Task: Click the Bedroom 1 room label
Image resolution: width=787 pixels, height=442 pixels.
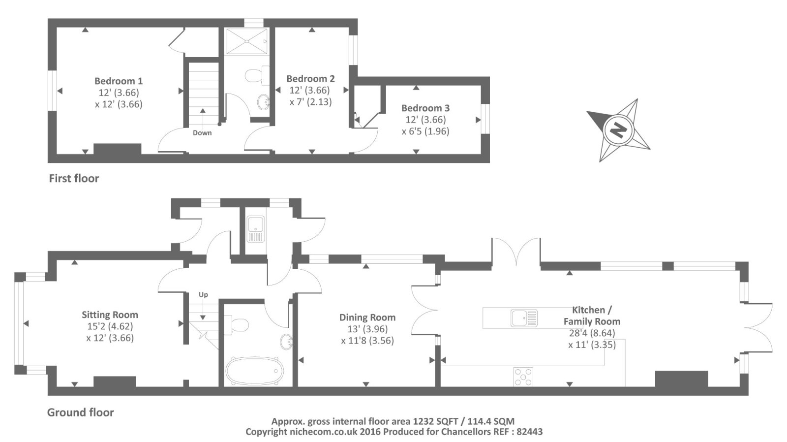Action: tap(119, 81)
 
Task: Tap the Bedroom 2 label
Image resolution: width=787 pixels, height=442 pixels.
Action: tap(310, 79)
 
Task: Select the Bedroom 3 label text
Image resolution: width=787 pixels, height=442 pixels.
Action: tap(425, 108)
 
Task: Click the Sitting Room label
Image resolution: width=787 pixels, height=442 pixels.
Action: tap(110, 315)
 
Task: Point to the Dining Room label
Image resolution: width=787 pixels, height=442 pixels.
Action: tap(367, 317)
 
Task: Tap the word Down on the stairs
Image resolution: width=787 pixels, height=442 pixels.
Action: tap(202, 133)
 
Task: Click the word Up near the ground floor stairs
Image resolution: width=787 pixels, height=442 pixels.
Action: tap(203, 295)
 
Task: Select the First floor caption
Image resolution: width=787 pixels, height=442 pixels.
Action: tap(74, 178)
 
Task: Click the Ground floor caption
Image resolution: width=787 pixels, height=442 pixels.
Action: tap(81, 412)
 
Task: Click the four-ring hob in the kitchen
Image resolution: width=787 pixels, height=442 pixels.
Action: tap(523, 377)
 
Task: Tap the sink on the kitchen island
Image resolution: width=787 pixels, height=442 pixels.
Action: tap(524, 318)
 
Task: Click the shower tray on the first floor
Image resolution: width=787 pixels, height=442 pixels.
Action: tap(246, 41)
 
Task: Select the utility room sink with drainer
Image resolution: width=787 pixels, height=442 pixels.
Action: tap(255, 229)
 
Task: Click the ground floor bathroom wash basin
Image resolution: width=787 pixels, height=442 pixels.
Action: tap(286, 342)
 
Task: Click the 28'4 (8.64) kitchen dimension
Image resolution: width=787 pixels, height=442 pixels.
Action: tap(592, 333)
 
